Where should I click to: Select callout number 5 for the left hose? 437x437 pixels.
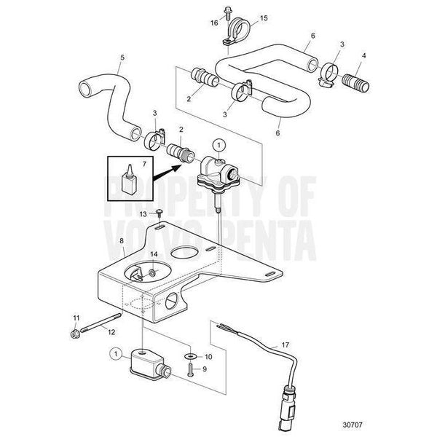[122, 58]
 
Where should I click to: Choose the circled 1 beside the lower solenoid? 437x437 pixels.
[114, 353]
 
